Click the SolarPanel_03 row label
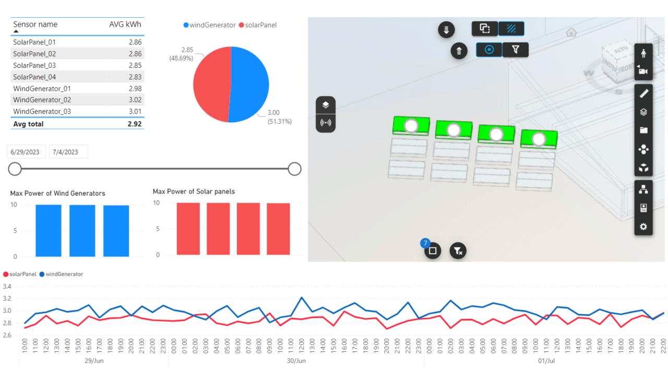click(34, 65)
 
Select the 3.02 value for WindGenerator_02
click(134, 100)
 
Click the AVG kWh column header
click(125, 25)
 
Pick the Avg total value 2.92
click(134, 124)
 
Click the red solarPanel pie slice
click(211, 84)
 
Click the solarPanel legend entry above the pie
click(260, 25)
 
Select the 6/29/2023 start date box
click(27, 152)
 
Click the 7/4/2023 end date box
click(68, 152)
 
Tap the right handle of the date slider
click(295, 169)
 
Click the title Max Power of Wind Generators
click(57, 194)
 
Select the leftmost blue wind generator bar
click(49, 230)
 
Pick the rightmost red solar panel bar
click(278, 229)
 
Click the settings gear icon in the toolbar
click(643, 227)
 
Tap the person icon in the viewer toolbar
click(643, 53)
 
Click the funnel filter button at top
click(516, 50)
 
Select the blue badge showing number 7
click(425, 243)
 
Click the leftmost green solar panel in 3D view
click(411, 126)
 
